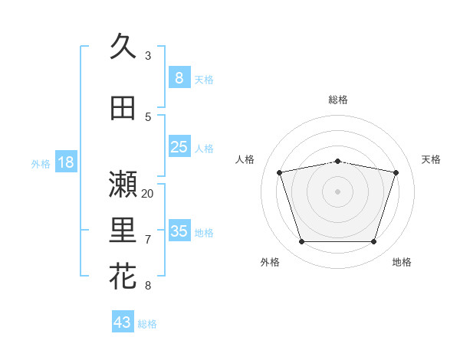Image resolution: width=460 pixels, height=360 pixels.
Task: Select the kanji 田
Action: point(123,109)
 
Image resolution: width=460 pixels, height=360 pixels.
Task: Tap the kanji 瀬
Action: point(123,185)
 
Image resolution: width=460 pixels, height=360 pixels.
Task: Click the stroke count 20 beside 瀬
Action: point(148,193)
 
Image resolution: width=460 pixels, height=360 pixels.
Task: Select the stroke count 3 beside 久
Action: point(148,55)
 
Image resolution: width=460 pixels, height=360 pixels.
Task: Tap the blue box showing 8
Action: point(179,77)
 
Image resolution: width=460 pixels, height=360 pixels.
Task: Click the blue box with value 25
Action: point(179,147)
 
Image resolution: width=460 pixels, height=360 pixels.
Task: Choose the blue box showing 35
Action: point(179,231)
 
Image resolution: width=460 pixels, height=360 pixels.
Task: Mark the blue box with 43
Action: point(123,322)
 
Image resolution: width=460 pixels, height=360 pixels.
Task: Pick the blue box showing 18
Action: point(65,162)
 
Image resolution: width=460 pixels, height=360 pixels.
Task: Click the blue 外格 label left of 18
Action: point(41,163)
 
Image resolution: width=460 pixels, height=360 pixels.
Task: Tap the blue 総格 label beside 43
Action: point(147,324)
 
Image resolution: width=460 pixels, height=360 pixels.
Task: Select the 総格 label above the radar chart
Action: point(338,100)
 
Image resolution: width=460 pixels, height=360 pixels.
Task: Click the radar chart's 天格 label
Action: point(432,159)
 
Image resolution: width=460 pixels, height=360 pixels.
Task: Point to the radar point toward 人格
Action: point(280,172)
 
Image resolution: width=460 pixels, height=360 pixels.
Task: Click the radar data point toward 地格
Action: point(373,241)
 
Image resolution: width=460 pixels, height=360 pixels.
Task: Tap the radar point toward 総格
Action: point(338,161)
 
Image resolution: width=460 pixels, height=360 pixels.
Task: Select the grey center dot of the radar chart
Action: point(338,191)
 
